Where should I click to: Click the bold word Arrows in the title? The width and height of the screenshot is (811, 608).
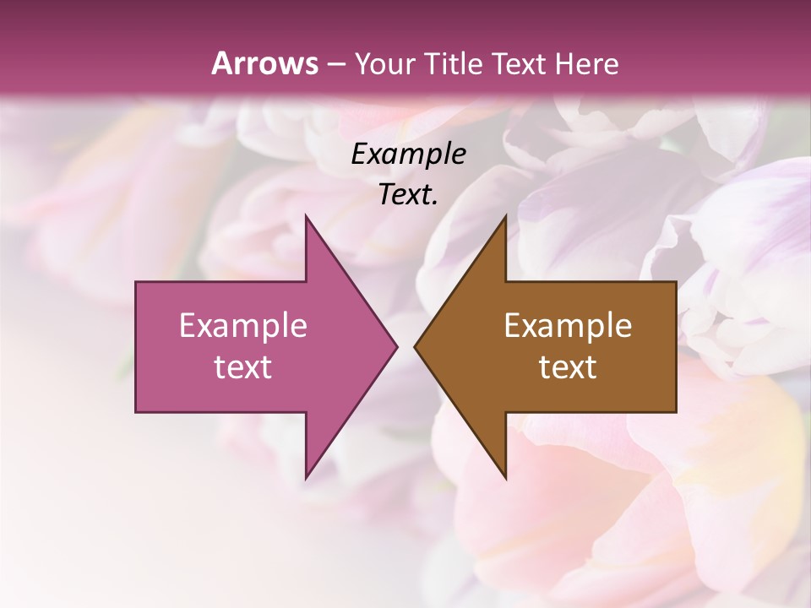pyautogui.click(x=264, y=62)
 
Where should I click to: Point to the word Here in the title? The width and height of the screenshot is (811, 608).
pyautogui.click(x=588, y=63)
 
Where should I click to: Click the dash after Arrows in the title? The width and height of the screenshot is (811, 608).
pyautogui.click(x=335, y=64)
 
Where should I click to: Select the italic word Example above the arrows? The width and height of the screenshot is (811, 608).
pyautogui.click(x=409, y=155)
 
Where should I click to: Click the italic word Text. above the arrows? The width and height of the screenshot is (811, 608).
pyautogui.click(x=409, y=195)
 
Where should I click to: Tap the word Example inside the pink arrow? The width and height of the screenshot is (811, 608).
pyautogui.click(x=243, y=326)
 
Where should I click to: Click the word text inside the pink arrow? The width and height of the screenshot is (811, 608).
pyautogui.click(x=243, y=367)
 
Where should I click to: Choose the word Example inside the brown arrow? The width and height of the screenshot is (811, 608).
pyautogui.click(x=568, y=326)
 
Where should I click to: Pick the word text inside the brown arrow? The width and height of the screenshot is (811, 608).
pyautogui.click(x=568, y=367)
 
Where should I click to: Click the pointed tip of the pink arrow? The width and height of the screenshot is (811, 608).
pyautogui.click(x=397, y=347)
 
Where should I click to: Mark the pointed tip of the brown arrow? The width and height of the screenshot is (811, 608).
pyautogui.click(x=415, y=347)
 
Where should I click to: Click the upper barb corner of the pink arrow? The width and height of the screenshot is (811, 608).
pyautogui.click(x=306, y=215)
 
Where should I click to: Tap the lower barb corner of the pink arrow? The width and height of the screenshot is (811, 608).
pyautogui.click(x=306, y=479)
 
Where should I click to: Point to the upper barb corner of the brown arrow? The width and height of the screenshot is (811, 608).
pyautogui.click(x=505, y=215)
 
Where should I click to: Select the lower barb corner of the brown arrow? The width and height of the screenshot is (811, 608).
pyautogui.click(x=505, y=479)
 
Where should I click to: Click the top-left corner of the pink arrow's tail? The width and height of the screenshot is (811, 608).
pyautogui.click(x=136, y=282)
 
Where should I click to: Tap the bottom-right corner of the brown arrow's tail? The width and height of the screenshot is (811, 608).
pyautogui.click(x=676, y=412)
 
